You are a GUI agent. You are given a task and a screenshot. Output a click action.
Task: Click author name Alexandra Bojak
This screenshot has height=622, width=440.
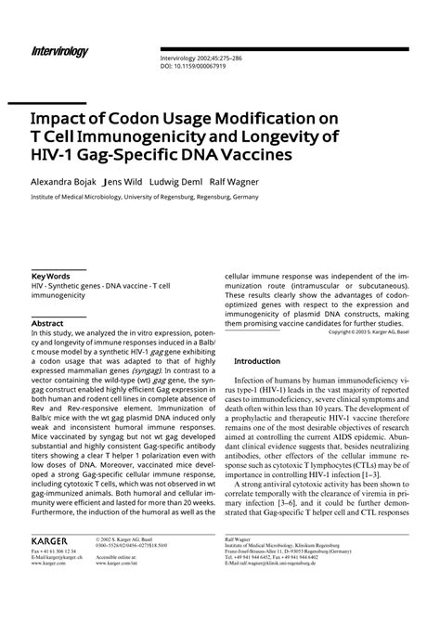[64, 182]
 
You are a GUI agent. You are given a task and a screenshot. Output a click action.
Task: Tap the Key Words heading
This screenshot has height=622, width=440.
[52, 277]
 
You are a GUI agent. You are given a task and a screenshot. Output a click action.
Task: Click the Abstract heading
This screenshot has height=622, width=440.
[48, 324]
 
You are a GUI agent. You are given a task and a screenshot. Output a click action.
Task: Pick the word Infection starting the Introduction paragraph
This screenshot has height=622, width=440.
[255, 381]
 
